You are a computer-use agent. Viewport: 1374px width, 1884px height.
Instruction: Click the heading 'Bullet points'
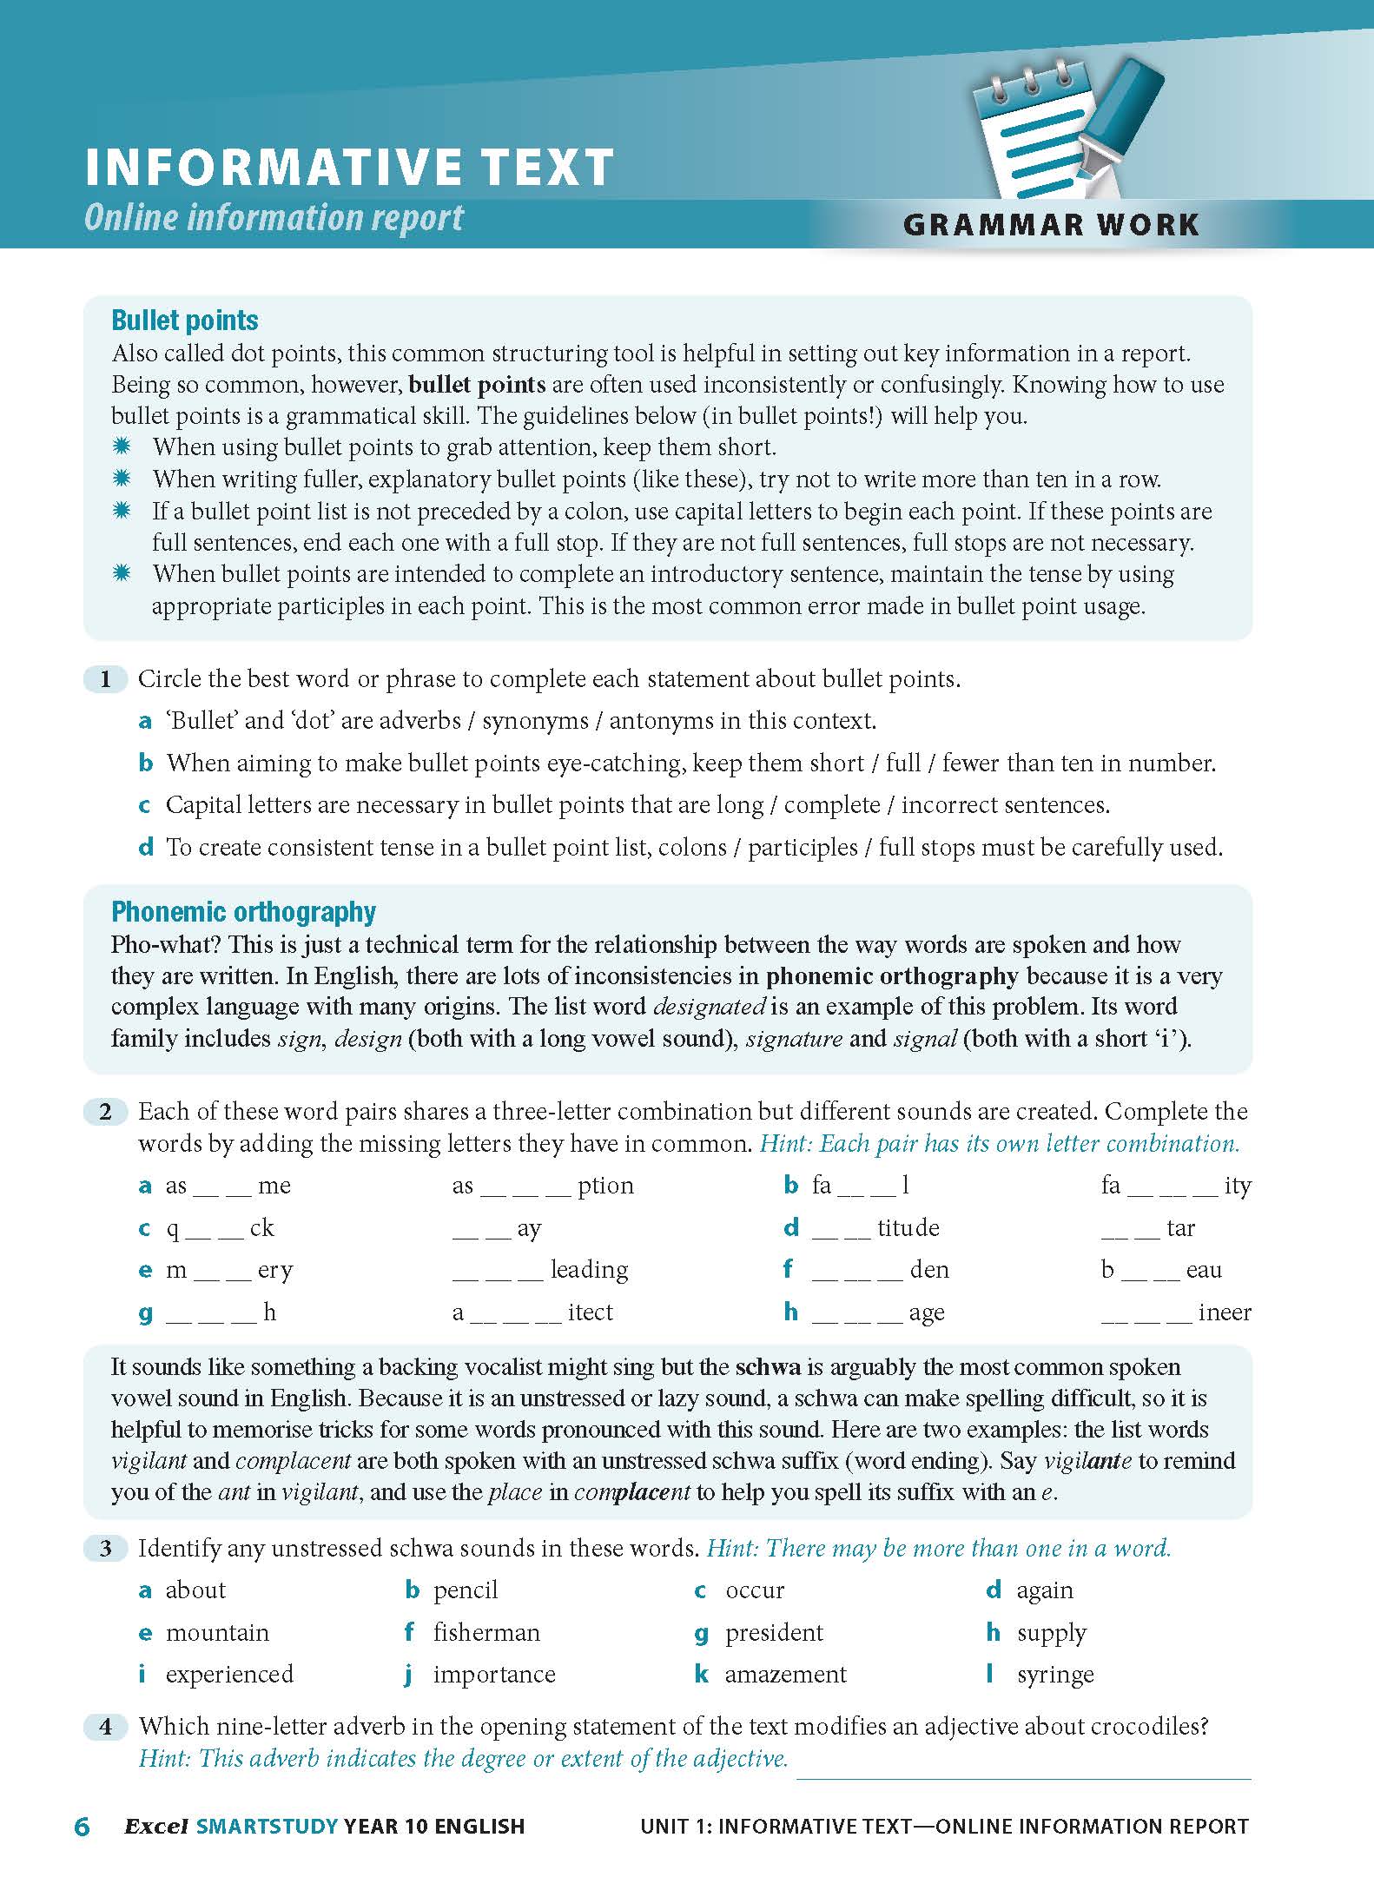[x=185, y=321]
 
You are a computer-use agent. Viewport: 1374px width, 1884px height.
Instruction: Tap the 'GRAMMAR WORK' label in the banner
[x=1051, y=225]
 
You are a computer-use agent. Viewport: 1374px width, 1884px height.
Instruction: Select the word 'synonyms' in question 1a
[x=535, y=721]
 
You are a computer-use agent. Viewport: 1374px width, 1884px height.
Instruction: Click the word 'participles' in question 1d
[x=803, y=847]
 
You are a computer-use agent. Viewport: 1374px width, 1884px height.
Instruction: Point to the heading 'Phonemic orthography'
[x=243, y=911]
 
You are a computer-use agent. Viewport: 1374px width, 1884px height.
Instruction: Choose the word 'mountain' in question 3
[x=217, y=1633]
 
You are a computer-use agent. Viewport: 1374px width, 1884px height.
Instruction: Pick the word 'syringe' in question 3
[x=1055, y=1675]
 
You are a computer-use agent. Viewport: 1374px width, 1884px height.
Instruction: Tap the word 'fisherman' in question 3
[x=486, y=1633]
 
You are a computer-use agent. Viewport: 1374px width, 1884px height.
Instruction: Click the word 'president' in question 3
[x=774, y=1633]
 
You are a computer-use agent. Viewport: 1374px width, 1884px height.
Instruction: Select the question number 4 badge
[x=105, y=1726]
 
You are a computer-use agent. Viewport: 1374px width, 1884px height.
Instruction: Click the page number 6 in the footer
[x=83, y=1827]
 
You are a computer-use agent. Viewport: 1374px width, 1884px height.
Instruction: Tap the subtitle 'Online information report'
[x=274, y=218]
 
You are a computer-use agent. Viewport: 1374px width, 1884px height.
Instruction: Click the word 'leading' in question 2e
[x=589, y=1270]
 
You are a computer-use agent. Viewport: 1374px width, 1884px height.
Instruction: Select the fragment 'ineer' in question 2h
[x=1225, y=1312]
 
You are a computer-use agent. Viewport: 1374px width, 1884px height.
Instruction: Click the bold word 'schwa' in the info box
[x=768, y=1367]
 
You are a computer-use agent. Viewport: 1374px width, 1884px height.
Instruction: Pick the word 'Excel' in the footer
[x=156, y=1827]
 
